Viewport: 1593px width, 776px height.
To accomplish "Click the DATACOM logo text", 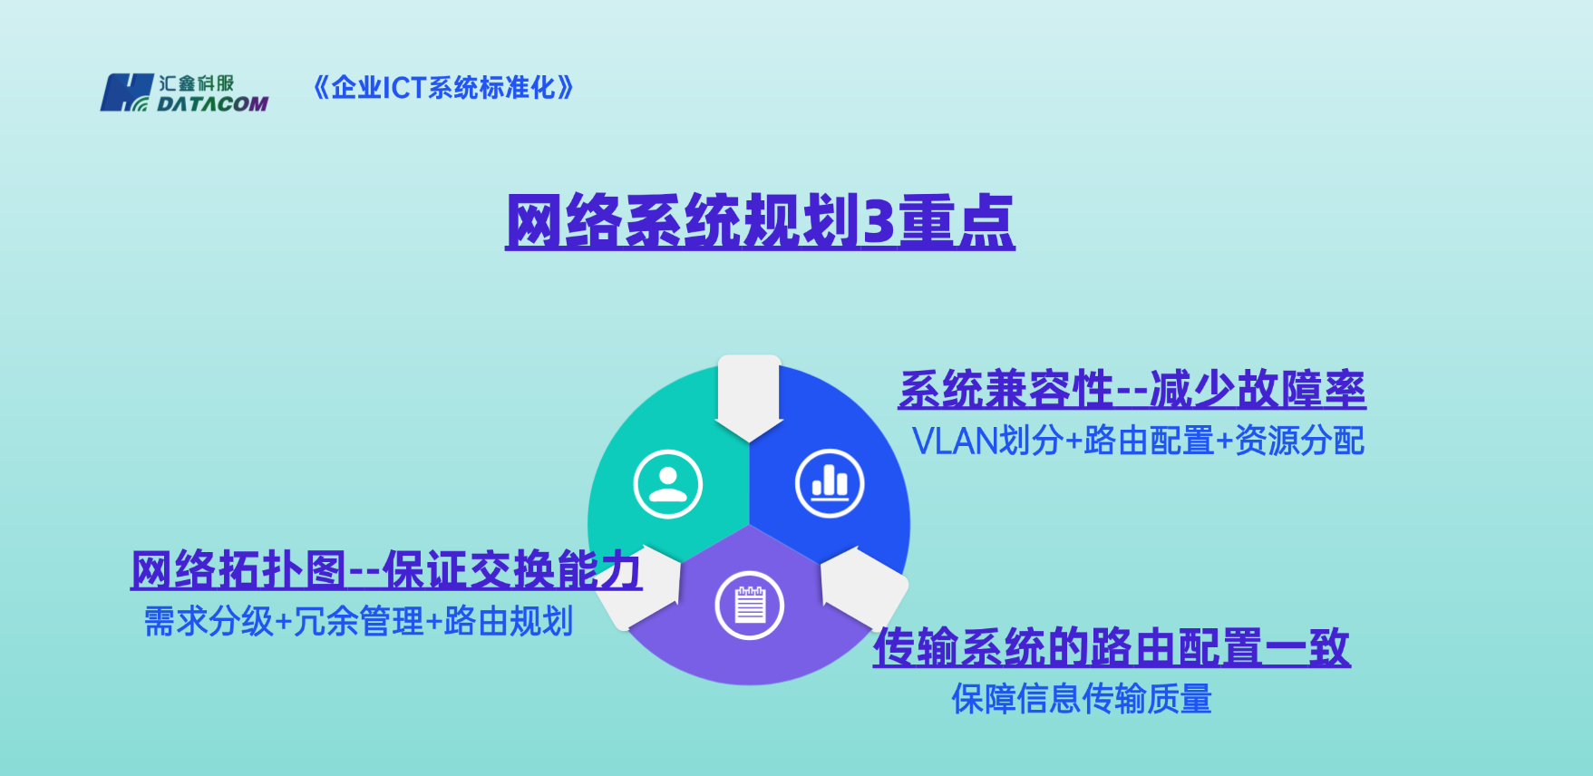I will [212, 103].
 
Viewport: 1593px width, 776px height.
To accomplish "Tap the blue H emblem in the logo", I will [125, 92].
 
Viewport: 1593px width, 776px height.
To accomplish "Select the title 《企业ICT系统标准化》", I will [443, 88].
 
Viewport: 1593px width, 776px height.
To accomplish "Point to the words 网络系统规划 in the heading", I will [681, 222].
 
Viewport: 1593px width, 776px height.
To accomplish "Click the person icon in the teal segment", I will [668, 484].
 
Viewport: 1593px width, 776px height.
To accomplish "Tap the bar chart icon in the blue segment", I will [830, 483].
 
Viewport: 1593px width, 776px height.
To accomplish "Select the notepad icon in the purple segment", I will [749, 605].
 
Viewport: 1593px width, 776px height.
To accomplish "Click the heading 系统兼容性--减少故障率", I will [1132, 390].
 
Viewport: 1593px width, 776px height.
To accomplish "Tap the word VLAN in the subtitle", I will [955, 441].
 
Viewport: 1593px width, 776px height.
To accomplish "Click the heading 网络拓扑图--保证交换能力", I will [386, 570].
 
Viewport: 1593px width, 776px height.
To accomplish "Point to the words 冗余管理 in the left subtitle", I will [358, 622].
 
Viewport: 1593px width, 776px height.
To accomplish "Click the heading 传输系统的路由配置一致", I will [1112, 647].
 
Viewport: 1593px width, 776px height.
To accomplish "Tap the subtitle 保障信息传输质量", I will [1082, 699].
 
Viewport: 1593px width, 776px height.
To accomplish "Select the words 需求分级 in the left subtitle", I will [209, 622].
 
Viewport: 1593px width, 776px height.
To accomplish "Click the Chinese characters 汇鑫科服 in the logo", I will [197, 83].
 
